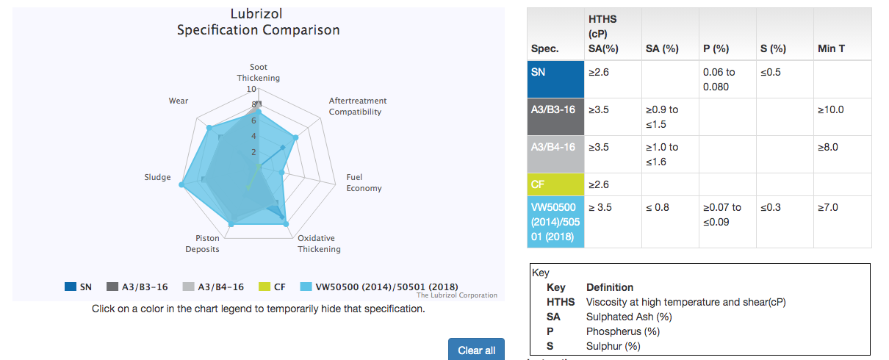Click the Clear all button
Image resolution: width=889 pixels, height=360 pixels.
[x=476, y=350]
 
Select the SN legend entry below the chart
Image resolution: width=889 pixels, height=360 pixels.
[x=79, y=287]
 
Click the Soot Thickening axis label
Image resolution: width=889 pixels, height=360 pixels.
[x=259, y=73]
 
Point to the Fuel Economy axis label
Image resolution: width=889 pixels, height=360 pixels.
[x=364, y=183]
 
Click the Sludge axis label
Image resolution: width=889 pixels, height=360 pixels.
[x=158, y=177]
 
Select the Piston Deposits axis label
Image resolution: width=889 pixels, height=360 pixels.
[x=207, y=243]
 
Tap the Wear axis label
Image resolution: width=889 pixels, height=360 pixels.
[x=179, y=101]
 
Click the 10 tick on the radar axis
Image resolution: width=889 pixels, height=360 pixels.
[x=251, y=89]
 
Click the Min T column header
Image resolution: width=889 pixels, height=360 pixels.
[x=831, y=49]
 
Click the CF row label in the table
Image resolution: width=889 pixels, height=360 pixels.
[x=540, y=184]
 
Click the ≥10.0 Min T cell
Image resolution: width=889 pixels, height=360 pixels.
[x=831, y=109]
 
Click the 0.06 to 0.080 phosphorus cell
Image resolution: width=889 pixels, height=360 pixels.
[x=720, y=79]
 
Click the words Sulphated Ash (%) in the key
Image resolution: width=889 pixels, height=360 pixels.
[x=628, y=317]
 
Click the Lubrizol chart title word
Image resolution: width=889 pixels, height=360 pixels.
[x=256, y=14]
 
